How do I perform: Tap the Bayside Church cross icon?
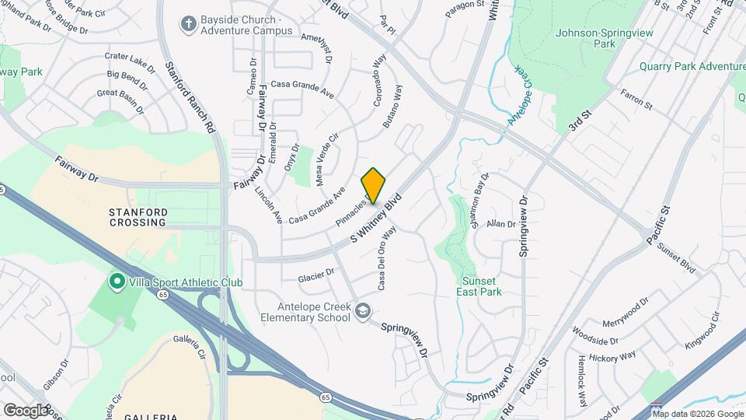coord(187,24)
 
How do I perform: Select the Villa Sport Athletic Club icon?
coord(117,280)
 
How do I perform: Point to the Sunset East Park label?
coord(482,286)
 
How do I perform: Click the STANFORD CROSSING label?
coord(138,216)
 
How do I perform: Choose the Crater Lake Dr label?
coord(130,60)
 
